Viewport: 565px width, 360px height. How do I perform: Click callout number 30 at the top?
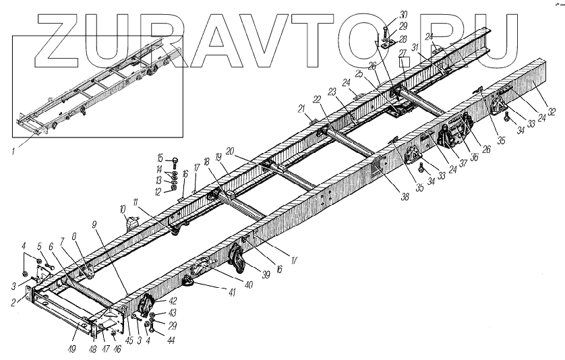click(x=403, y=13)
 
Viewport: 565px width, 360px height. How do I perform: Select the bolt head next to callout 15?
click(x=175, y=160)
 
